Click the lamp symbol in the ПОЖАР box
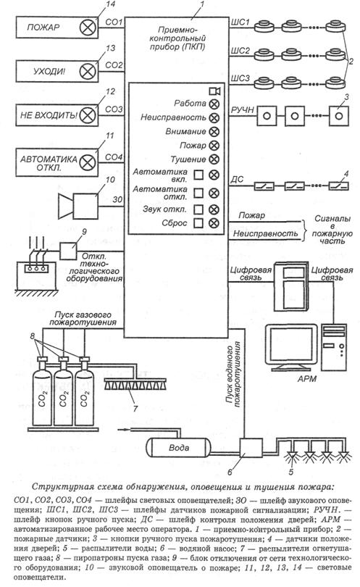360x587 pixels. tap(87, 28)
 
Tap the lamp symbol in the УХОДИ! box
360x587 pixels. tap(88, 71)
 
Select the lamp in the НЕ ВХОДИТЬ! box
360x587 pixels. tap(88, 115)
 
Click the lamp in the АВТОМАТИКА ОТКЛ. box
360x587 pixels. tap(88, 162)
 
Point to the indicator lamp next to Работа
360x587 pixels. tap(214, 104)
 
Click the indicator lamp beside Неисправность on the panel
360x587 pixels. tap(214, 118)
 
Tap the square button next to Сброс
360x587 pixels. tap(198, 223)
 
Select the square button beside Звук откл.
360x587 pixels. tap(198, 209)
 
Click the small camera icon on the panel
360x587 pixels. tap(214, 91)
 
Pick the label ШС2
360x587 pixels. tap(240, 51)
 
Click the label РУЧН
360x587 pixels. tap(243, 109)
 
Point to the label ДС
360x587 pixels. tap(237, 180)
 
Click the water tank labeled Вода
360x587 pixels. tap(178, 447)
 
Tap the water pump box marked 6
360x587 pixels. tap(251, 448)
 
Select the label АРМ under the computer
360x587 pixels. tap(307, 379)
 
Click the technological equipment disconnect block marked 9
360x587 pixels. tap(69, 251)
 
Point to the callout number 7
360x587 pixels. tap(135, 408)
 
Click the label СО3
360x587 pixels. tap(114, 109)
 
